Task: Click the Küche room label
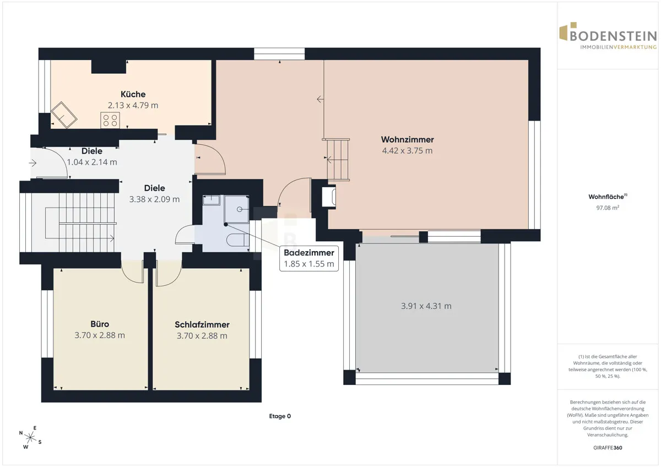(133, 94)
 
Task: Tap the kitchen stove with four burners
(110, 120)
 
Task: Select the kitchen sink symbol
(64, 115)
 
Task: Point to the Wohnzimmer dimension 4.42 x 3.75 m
(407, 150)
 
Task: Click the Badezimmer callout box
(309, 258)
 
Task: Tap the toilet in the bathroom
(237, 240)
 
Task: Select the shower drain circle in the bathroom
(240, 209)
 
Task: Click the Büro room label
(100, 324)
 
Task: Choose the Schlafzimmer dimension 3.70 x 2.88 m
(202, 336)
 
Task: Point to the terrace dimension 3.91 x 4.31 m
(426, 306)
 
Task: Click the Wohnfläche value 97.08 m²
(608, 208)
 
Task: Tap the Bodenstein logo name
(613, 36)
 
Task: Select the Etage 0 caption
(280, 416)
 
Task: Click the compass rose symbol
(30, 437)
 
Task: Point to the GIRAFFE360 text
(608, 448)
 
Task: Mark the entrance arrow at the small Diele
(32, 163)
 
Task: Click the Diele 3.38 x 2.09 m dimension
(154, 199)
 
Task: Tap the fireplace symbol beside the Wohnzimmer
(328, 196)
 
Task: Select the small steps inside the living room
(338, 160)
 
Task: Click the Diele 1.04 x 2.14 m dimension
(92, 162)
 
